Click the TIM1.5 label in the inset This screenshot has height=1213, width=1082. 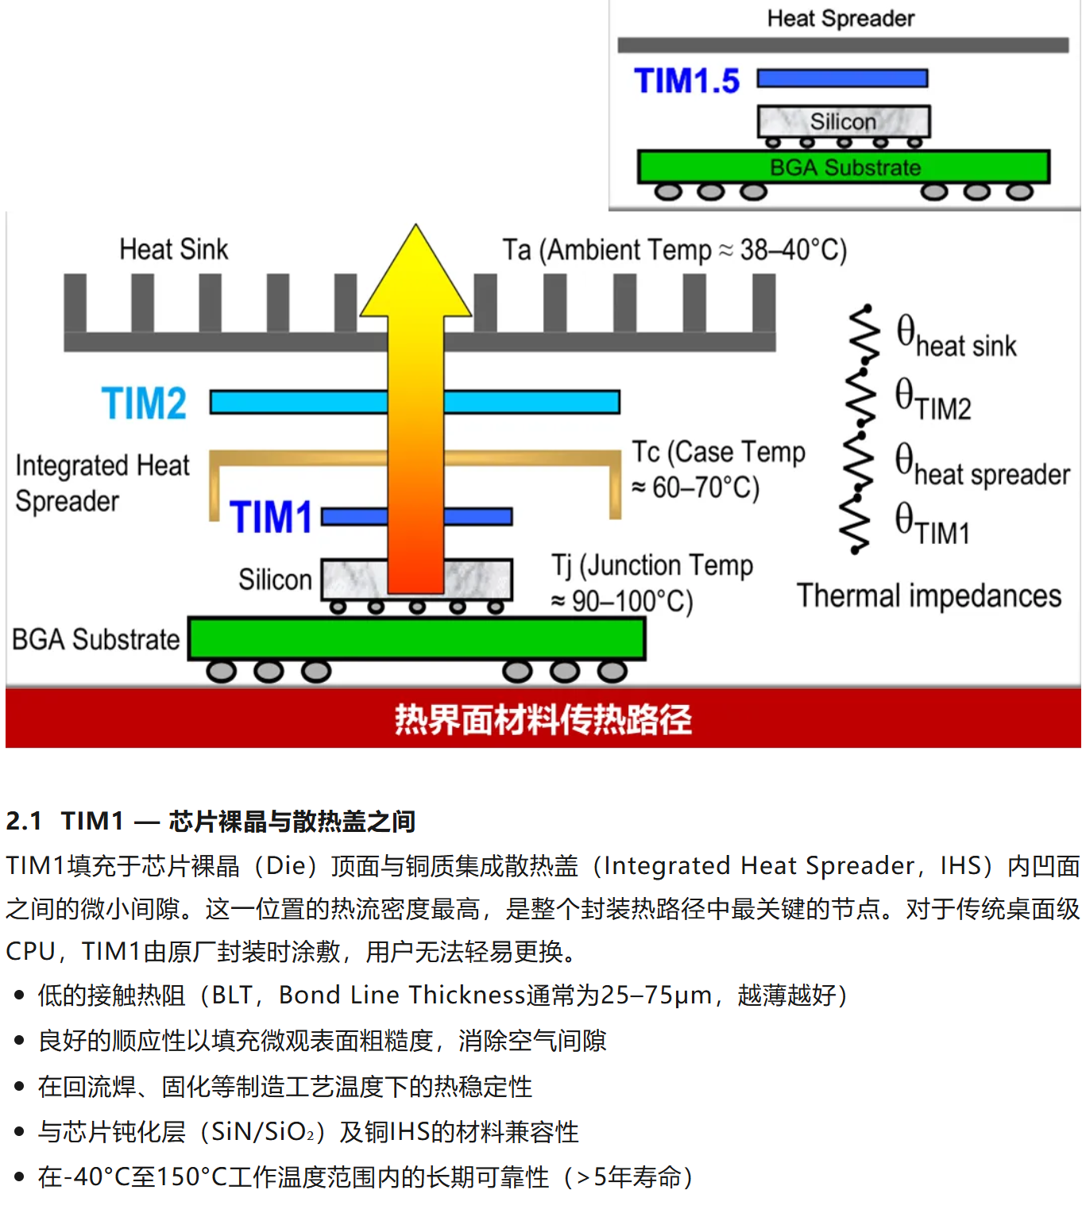click(686, 81)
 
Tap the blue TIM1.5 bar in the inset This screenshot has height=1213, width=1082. click(842, 78)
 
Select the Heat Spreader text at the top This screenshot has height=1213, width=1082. click(840, 18)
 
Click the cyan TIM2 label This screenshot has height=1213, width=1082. click(144, 403)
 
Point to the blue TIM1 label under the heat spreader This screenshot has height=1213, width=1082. click(271, 518)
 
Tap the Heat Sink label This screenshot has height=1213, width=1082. click(173, 249)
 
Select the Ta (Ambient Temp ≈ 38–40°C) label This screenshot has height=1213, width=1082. click(674, 250)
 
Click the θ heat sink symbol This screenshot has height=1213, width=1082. click(956, 337)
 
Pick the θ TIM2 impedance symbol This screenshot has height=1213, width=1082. click(933, 399)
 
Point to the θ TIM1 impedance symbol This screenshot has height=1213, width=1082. click(932, 524)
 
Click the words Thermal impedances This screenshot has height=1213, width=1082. click(929, 595)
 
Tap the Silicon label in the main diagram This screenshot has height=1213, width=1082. click(275, 580)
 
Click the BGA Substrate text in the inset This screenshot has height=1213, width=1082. click(845, 168)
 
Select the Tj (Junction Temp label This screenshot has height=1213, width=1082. click(652, 566)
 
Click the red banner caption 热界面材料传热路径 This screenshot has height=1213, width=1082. click(543, 719)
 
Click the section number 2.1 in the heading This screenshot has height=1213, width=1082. click(24, 821)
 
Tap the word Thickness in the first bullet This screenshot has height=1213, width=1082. click(468, 995)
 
